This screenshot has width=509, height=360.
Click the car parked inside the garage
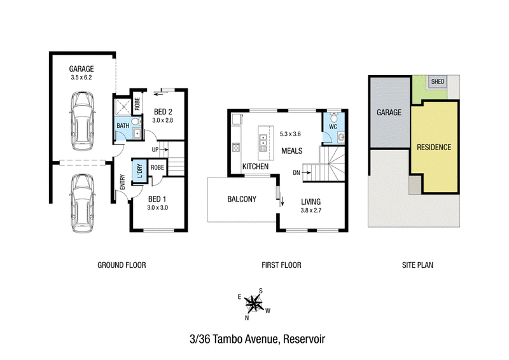coord(83,121)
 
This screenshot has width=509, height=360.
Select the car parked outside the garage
coord(83,204)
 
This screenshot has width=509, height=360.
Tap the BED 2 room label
coord(163,112)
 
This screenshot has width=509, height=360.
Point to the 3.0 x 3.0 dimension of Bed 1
coord(157,208)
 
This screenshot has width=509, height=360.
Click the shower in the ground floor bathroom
coord(123,106)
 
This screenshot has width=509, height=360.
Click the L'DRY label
coord(139,170)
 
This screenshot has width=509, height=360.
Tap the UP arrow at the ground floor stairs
coord(164,149)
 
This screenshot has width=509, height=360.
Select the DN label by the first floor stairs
coord(296,173)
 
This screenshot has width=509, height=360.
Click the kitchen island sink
coord(263,140)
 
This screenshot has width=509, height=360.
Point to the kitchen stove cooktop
coord(235,148)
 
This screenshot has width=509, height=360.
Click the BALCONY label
coord(242,199)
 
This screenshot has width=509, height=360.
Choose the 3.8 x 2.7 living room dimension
coord(311,211)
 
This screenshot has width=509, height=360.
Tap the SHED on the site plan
coord(438,81)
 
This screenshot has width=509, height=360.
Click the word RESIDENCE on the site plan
coord(434,148)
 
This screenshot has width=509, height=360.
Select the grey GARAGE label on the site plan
coord(389,113)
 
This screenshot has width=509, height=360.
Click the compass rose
coord(254,304)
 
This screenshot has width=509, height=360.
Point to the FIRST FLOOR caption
coord(281,265)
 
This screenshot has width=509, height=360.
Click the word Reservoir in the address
coord(304,339)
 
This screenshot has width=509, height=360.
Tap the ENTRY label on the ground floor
coord(122,182)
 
